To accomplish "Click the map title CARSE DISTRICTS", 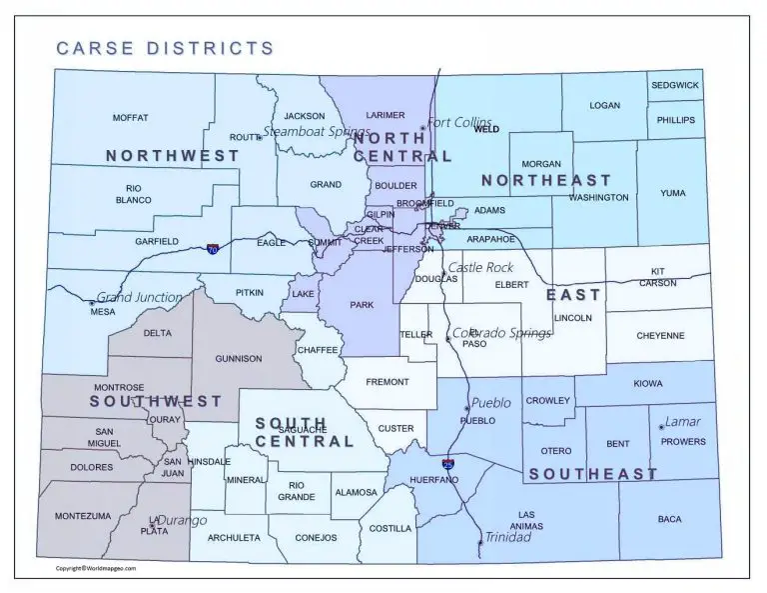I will (165, 47).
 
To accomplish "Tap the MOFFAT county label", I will (130, 118).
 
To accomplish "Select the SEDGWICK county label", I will (675, 86).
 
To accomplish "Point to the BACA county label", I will (669, 519).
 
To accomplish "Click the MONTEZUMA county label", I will (83, 516).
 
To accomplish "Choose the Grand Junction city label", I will (140, 297).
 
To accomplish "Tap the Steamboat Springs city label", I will (317, 132).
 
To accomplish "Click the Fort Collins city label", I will (459, 122).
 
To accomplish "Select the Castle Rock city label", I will (480, 267).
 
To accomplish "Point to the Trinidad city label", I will (507, 537).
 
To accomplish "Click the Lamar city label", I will (683, 421).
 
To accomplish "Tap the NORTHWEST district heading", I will (173, 156).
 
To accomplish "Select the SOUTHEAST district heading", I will (593, 474).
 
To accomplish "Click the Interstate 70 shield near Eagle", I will (214, 248).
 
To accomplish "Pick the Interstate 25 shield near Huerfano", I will (448, 464).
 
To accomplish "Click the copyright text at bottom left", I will (95, 568).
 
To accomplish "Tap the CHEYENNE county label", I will (660, 336).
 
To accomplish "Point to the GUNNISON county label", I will (239, 358).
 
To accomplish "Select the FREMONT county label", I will (387, 382).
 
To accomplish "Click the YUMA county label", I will (673, 193).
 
